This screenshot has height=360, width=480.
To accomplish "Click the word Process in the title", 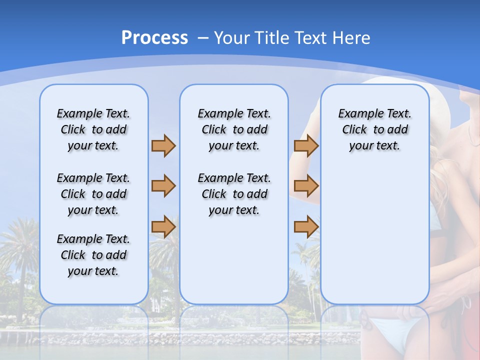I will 154,38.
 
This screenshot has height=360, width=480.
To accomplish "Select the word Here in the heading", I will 349,38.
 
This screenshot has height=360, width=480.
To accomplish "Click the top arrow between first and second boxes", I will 163,145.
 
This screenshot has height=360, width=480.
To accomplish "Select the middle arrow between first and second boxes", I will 163,186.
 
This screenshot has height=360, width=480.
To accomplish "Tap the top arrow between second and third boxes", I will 306,145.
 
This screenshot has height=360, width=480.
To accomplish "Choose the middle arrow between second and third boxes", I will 306,186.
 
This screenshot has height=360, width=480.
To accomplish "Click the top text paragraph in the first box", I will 93,129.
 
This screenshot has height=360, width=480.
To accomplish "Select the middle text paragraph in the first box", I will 93,194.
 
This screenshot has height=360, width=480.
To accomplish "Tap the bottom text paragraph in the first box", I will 93,255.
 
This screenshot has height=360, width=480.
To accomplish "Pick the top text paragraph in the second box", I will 234,129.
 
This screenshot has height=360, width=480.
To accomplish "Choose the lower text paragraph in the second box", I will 234,194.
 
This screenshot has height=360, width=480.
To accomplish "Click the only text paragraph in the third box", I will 374,129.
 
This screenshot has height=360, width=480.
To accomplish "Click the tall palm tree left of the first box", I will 20,250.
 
